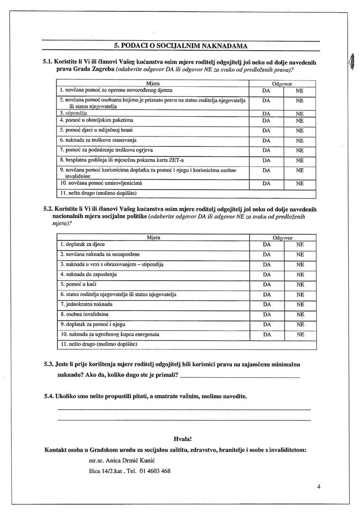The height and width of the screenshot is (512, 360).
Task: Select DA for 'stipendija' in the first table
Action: tap(266, 114)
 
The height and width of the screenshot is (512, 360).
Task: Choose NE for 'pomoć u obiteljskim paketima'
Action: tap(299, 120)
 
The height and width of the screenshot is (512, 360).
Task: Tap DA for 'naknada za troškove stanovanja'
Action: tap(266, 141)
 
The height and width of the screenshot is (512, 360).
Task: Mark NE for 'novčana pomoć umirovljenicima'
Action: tap(299, 183)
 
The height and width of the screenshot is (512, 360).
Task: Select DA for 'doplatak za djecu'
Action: tap(267, 245)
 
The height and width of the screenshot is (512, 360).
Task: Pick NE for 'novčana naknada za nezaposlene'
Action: tap(300, 255)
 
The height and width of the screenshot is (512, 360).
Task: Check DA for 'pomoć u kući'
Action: tap(267, 284)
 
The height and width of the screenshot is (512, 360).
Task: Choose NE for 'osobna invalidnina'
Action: tap(300, 314)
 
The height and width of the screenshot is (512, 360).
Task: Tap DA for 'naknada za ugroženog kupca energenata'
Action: tap(267, 334)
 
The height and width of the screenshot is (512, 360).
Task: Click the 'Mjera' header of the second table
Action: tap(153, 237)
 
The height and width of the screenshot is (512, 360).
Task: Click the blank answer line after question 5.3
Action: tap(240, 376)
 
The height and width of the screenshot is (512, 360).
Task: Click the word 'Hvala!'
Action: tap(183, 439)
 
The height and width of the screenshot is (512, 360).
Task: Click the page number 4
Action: tap(319, 486)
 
